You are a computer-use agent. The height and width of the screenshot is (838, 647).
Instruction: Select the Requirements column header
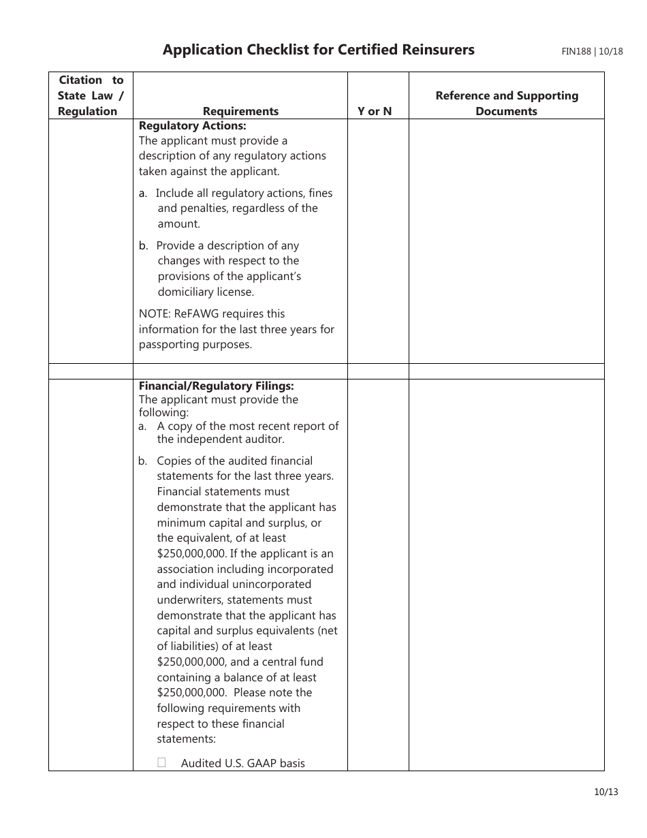point(240,111)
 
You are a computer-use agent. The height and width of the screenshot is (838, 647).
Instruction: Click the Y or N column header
point(375,111)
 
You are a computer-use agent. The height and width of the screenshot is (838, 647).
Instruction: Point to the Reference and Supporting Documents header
point(506,104)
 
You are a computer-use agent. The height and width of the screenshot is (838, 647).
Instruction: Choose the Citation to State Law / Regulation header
point(91,95)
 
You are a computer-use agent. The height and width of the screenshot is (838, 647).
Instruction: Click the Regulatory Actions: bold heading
point(193,126)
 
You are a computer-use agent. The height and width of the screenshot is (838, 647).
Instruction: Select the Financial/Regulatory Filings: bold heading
point(216,386)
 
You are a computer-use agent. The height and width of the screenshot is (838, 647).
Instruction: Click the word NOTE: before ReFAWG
point(156,314)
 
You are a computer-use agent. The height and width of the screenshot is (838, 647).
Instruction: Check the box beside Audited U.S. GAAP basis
point(161,763)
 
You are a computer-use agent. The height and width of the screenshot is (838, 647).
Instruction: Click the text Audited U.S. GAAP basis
point(242,763)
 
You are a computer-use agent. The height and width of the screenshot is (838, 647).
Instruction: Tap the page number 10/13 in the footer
point(605,792)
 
